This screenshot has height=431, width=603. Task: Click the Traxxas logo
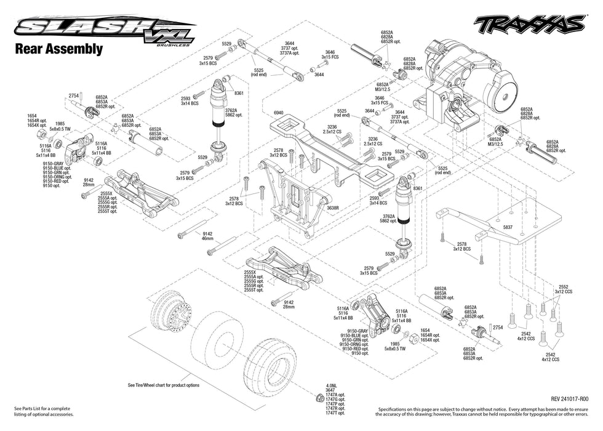tap(528, 24)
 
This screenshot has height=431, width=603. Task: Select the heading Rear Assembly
tap(58, 49)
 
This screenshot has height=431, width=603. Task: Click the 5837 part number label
tap(508, 228)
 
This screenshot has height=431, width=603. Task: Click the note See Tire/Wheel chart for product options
tap(164, 385)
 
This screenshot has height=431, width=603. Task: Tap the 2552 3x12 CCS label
tap(564, 289)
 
